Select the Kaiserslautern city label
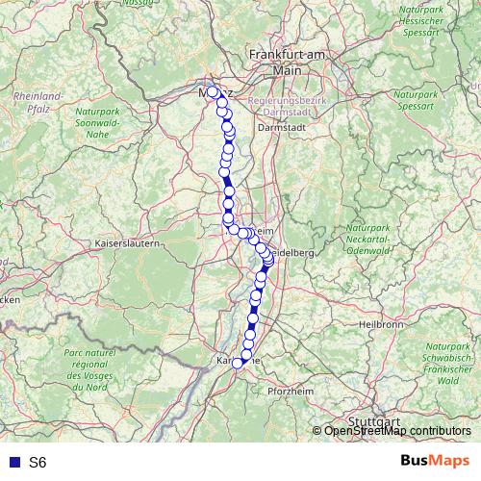click(126, 244)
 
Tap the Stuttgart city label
click(373, 421)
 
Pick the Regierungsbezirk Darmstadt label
click(287, 107)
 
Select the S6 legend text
click(38, 463)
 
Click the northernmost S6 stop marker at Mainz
click(213, 92)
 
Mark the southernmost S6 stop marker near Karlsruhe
click(238, 363)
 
